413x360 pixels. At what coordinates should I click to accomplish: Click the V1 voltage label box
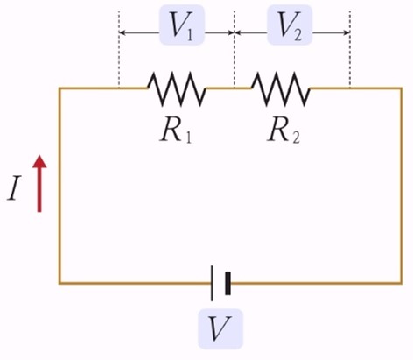click(182, 25)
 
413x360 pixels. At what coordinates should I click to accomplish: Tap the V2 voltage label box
click(290, 25)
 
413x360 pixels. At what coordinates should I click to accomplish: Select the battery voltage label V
click(220, 328)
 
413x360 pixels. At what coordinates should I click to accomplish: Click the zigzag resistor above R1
click(177, 88)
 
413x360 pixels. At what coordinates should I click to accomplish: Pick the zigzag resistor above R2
click(281, 88)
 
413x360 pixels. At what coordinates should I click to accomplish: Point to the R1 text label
click(176, 132)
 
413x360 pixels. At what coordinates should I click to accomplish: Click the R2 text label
click(283, 132)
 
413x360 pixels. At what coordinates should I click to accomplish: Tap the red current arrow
click(39, 184)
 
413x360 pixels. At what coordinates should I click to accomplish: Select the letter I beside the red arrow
click(14, 188)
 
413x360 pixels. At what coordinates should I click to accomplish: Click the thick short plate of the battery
click(228, 283)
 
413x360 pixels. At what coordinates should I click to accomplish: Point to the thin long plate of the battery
click(212, 283)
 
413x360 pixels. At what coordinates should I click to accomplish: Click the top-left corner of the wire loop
click(59, 88)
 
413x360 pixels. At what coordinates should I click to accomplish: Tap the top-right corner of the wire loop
click(402, 88)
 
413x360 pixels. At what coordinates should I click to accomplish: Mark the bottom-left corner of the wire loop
click(59, 283)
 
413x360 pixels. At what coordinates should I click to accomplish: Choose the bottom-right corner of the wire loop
click(402, 283)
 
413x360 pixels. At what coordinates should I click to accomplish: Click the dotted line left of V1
click(119, 49)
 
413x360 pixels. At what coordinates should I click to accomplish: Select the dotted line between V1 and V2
click(234, 49)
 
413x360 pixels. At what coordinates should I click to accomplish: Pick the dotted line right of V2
click(350, 49)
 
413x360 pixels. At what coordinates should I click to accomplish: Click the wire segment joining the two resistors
click(229, 88)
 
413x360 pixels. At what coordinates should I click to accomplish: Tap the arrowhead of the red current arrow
click(39, 162)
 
